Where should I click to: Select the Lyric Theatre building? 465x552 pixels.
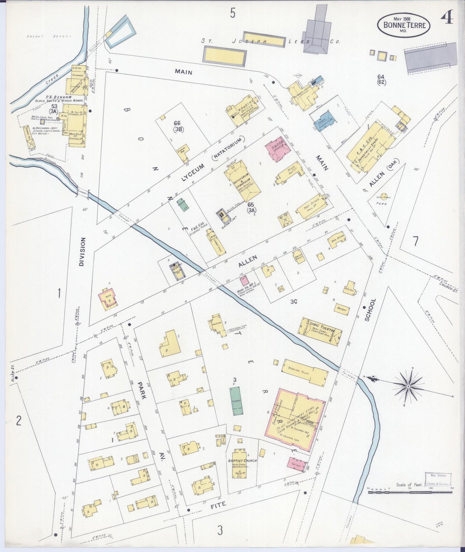tap(320, 332)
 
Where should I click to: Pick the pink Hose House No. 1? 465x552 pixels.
tap(244, 281)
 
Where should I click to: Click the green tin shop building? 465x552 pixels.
tap(237, 401)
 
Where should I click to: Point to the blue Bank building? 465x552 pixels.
tap(326, 119)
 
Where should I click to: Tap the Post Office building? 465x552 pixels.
tap(312, 206)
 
